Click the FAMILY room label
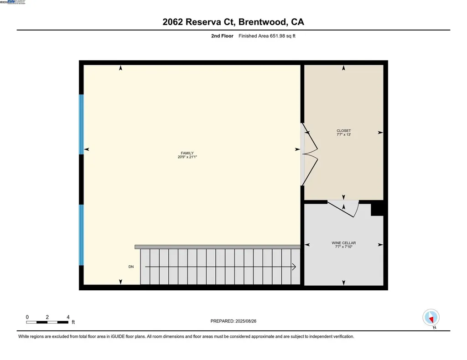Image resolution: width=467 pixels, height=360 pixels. tap(187, 153)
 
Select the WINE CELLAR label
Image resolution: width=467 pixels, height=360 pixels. tap(343, 243)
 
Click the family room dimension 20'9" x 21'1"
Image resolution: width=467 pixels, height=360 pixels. tap(187, 157)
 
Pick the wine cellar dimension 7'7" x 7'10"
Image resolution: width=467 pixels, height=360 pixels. tap(343, 247)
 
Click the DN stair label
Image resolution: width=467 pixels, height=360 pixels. tap(131, 267)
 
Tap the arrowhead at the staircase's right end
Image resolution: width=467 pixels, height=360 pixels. tap(294, 267)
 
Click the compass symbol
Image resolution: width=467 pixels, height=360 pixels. tap(431, 317)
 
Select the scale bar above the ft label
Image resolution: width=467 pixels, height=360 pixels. tap(47, 323)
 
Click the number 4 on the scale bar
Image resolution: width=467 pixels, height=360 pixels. tap(68, 317)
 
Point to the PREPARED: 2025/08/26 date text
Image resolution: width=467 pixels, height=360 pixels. tap(236, 321)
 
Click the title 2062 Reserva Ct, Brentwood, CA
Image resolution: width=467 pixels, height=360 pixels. tap(233, 22)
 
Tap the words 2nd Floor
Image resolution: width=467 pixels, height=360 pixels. tap(222, 36)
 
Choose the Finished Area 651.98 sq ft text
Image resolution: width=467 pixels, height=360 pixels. tap(267, 36)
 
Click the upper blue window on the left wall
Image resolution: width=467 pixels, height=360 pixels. tap(82, 124)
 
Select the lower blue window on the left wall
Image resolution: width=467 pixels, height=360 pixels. tap(82, 235)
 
